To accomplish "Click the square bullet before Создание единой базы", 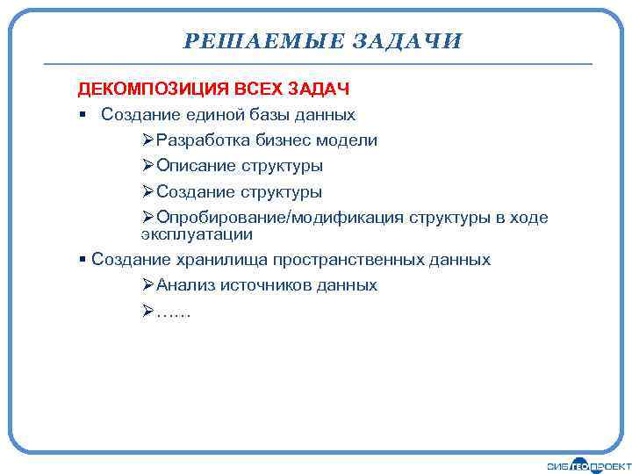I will [x=82, y=115].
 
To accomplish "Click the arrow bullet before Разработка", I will [x=147, y=140].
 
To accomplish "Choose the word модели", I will [x=349, y=140].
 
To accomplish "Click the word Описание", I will [x=197, y=166].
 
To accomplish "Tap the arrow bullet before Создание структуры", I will [x=147, y=191].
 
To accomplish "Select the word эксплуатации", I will [x=197, y=234].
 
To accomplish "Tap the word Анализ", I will [x=186, y=285].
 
